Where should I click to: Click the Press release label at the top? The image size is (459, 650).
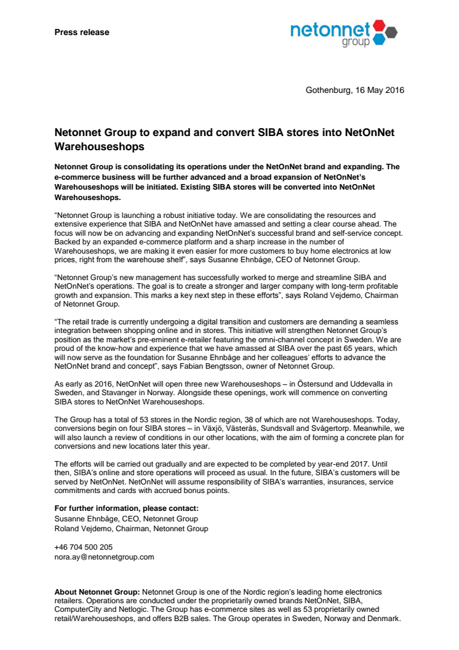pos(82,32)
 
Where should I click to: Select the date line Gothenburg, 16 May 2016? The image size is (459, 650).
pos(354,90)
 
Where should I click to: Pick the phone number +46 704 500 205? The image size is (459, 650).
pos(84,547)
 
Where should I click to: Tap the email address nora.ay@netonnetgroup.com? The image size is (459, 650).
pos(104,556)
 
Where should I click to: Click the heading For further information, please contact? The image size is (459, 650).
pos(127,508)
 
